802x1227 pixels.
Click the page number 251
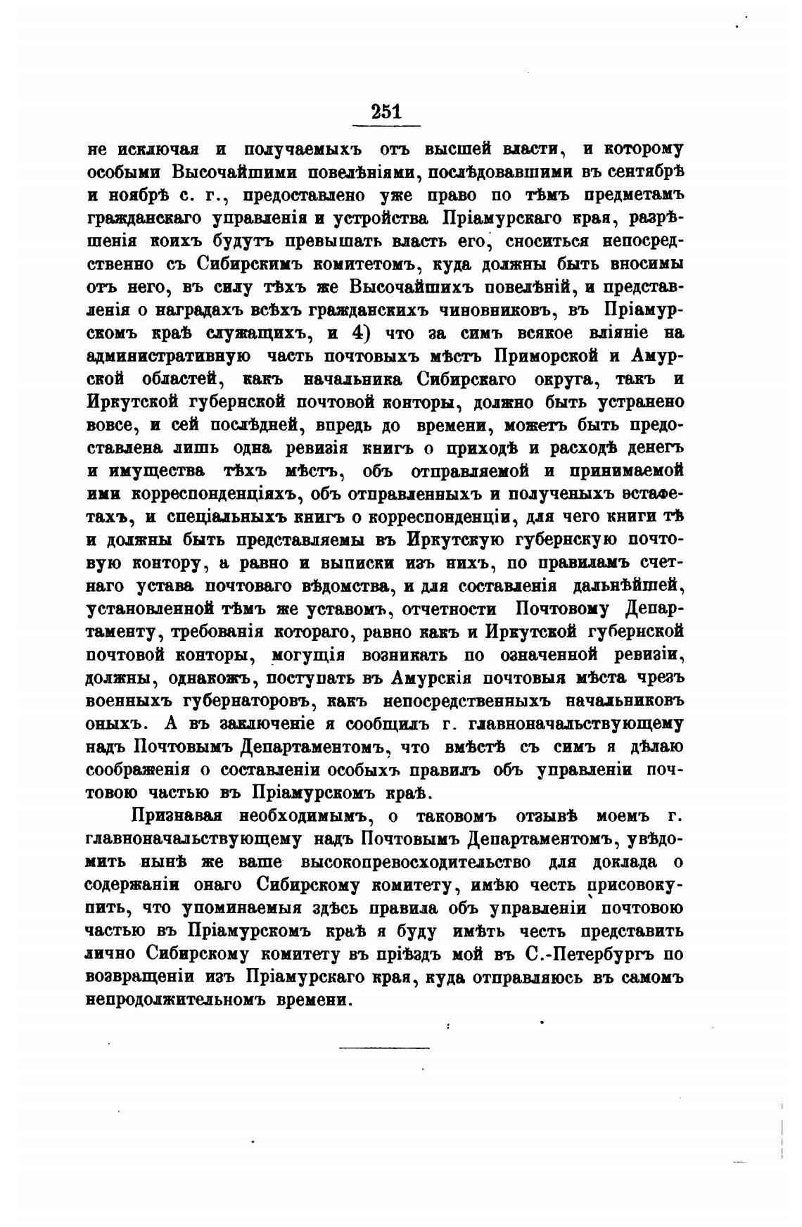coord(386,112)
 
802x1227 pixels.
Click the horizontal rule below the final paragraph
coord(383,1048)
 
